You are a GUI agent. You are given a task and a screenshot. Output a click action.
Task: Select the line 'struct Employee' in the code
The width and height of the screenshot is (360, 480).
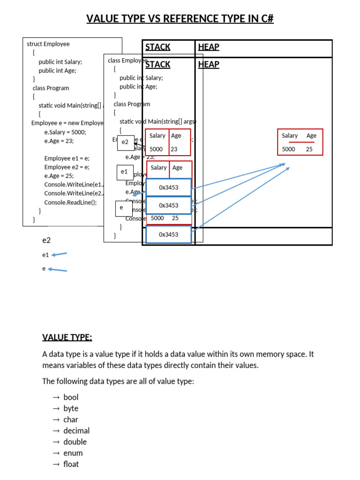(48, 44)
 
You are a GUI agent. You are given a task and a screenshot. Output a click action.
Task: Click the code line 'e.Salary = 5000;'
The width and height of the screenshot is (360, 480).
(65, 132)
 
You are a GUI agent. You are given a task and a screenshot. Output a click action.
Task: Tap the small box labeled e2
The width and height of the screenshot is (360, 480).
(125, 142)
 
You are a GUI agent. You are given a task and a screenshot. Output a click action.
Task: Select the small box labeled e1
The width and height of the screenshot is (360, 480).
(124, 172)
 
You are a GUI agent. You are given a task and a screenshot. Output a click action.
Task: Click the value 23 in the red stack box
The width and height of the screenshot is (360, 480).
(174, 150)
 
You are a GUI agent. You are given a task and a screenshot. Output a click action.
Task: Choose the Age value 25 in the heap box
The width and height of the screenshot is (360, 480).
(309, 150)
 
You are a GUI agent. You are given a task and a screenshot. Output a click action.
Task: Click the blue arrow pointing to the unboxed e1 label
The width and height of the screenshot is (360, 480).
(60, 255)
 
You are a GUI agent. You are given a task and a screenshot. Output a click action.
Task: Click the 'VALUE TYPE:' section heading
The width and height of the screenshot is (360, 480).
(67, 337)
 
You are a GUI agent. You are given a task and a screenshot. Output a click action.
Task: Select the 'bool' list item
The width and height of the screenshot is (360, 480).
(71, 397)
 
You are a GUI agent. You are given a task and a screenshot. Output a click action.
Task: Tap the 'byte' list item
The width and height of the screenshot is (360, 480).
(71, 408)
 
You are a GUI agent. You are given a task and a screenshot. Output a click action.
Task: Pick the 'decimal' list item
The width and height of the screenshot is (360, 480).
(76, 430)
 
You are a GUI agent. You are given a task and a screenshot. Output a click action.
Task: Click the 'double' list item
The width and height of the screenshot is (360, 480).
(75, 442)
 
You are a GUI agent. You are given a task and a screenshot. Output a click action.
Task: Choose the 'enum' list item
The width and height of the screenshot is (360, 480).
(73, 453)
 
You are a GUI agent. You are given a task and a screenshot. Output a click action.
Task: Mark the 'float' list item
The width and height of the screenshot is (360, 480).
(71, 464)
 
